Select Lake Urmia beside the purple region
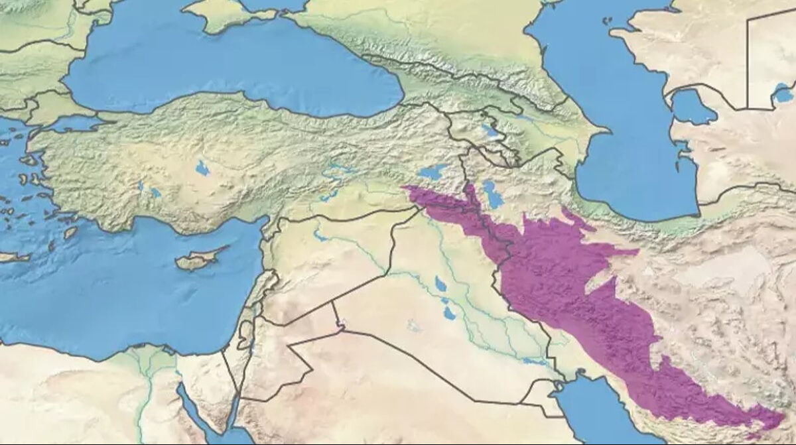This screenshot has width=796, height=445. click(492, 194)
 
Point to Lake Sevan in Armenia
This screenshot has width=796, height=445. click(491, 130)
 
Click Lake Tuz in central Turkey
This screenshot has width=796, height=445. click(202, 168)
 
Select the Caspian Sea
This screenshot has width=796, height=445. click(630, 133)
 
